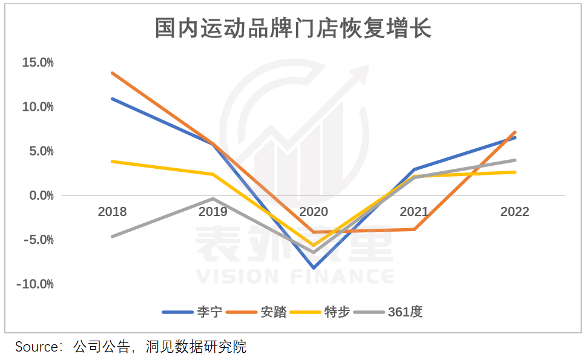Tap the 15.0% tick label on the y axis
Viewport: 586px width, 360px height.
click(38, 62)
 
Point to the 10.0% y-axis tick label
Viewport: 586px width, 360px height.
click(38, 106)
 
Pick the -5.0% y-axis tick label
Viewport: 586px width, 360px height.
click(39, 240)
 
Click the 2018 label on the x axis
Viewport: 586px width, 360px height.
click(113, 212)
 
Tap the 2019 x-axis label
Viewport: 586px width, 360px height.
click(213, 212)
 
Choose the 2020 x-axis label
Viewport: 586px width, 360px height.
click(314, 212)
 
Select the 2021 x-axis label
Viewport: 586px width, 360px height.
click(414, 212)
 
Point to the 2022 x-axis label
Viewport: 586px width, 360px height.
click(515, 212)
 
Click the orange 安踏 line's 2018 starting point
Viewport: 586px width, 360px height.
click(113, 73)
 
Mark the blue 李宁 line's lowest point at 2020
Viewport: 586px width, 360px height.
click(314, 267)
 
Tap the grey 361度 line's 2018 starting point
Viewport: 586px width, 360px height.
click(113, 236)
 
